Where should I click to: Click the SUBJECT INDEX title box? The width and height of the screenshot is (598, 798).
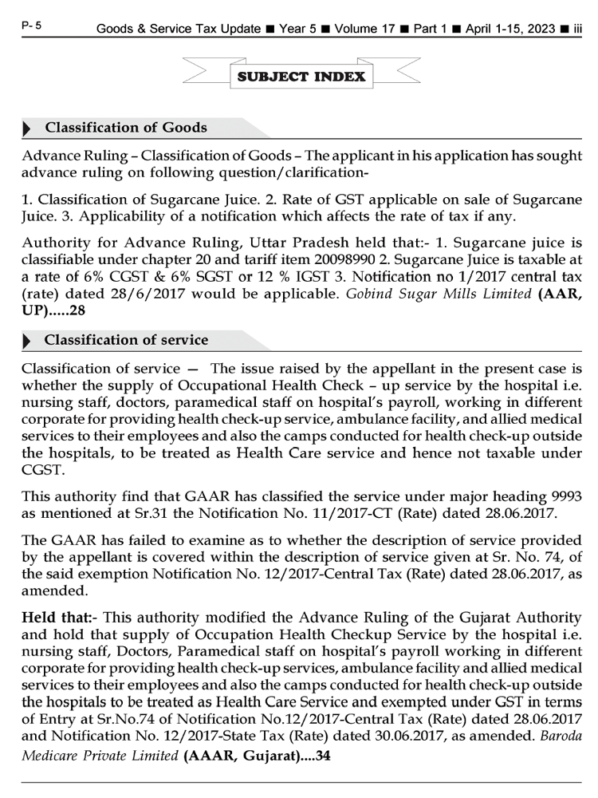tap(301, 77)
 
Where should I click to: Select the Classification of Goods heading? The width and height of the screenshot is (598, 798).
tap(126, 128)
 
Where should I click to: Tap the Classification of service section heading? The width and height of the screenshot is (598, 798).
tap(126, 340)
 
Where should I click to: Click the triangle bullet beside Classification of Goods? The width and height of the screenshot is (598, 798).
tap(29, 128)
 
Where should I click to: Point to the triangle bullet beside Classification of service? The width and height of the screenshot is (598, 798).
tap(29, 341)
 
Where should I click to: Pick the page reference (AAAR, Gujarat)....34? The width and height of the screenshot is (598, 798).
tap(257, 757)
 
